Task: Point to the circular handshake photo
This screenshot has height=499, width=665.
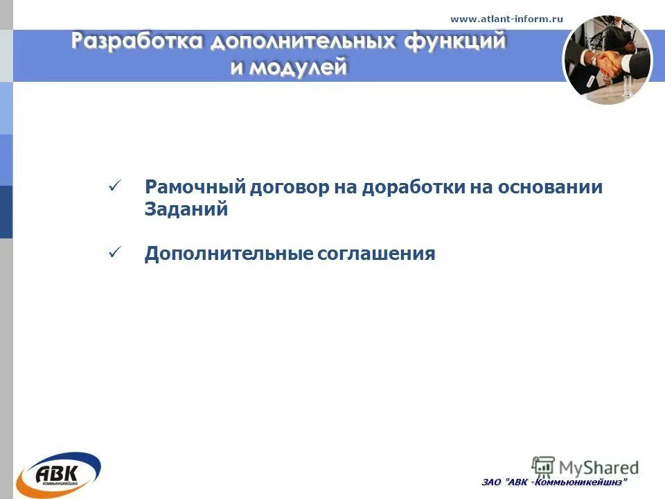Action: [x=607, y=60]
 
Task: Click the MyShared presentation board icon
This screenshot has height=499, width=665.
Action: [x=543, y=466]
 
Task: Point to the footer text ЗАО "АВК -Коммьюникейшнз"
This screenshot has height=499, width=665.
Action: [x=554, y=482]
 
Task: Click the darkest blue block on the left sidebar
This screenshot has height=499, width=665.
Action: [x=6, y=212]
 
